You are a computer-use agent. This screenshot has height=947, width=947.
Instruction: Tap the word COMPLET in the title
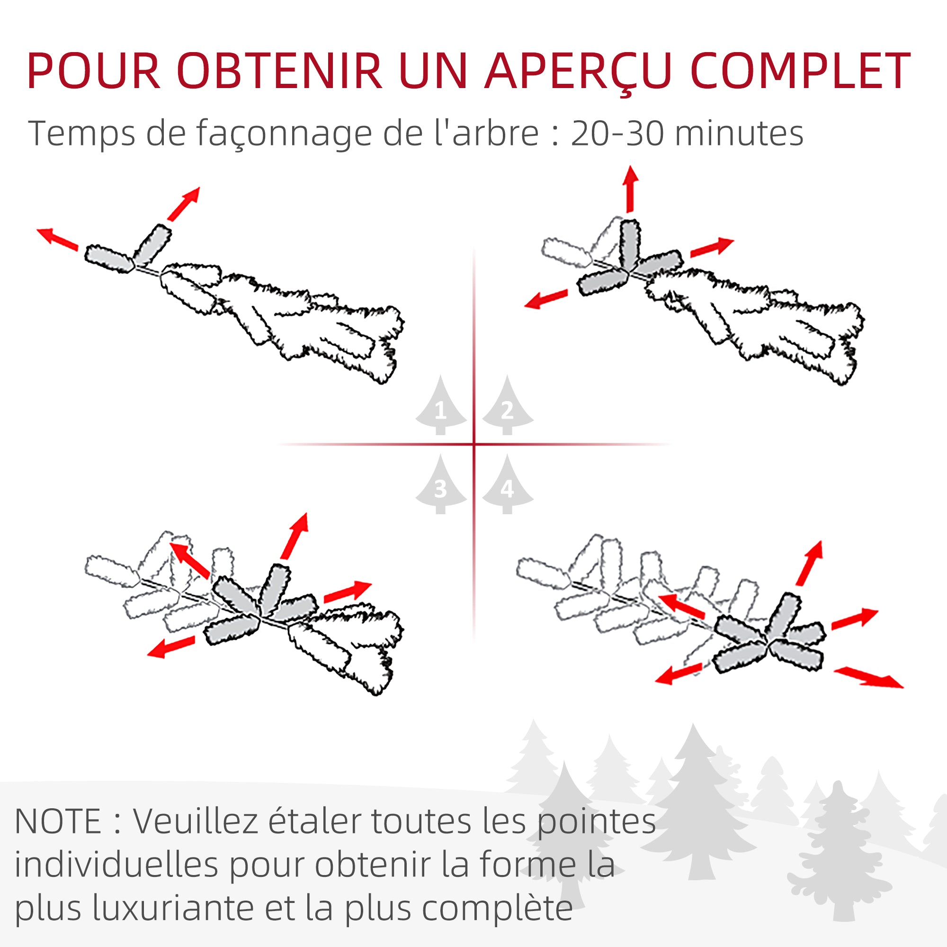click(x=800, y=72)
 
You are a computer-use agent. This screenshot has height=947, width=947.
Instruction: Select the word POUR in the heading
click(x=94, y=72)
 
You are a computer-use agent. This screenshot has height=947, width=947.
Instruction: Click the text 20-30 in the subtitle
click(x=618, y=134)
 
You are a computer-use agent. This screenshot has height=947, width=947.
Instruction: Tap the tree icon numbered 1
click(x=440, y=406)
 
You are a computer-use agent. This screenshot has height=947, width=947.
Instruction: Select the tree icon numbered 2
click(x=507, y=406)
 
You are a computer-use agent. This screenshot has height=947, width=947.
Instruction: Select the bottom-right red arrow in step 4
click(x=868, y=678)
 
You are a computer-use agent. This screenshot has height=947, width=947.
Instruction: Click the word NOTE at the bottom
click(x=58, y=822)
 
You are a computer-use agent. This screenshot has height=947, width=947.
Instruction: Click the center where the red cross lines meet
click(x=474, y=445)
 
